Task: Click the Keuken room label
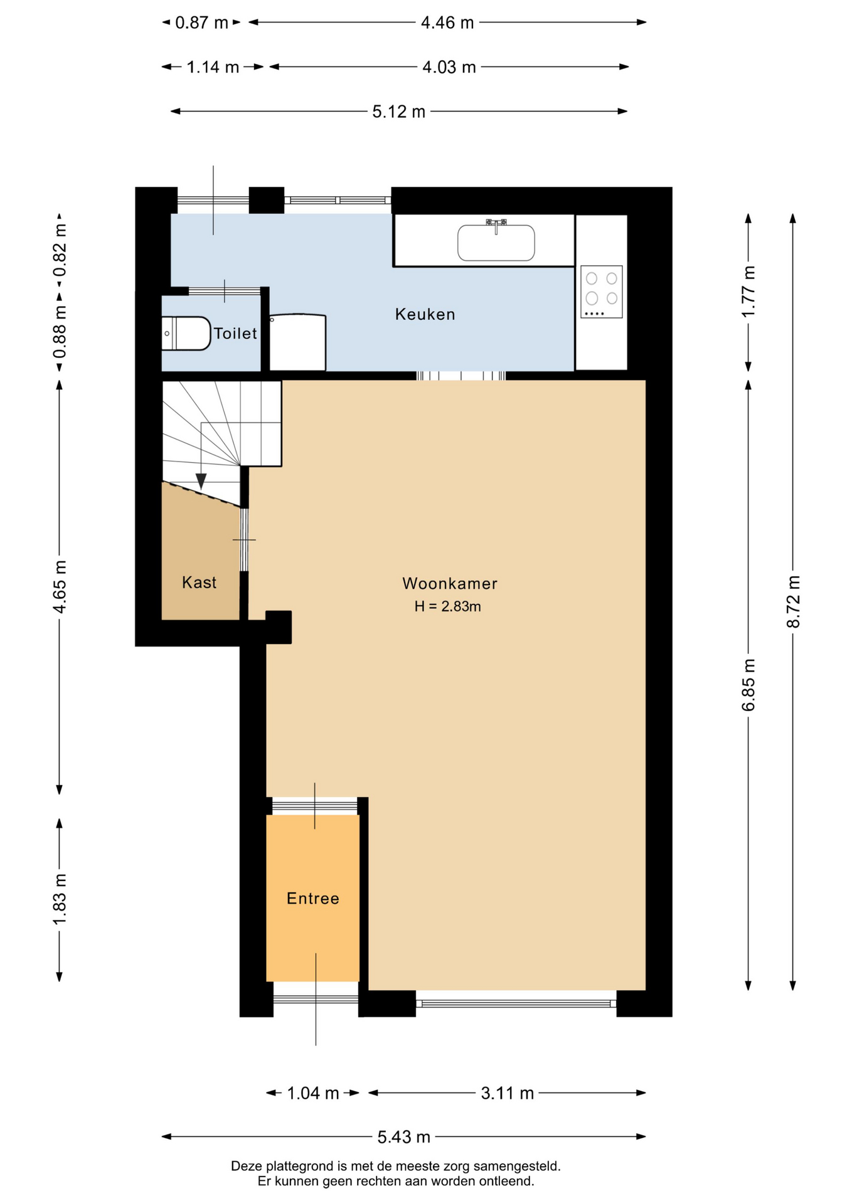pos(425,314)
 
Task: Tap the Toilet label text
pos(235,333)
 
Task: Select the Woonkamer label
pos(450,584)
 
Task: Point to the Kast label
pos(199,583)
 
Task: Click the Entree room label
pos(313,899)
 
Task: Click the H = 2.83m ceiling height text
pos(447,606)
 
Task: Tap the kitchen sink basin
pos(496,243)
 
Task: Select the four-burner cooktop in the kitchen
pos(601,292)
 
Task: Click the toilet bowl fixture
pos(186,334)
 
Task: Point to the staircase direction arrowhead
pos(201,481)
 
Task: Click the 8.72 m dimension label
pos(793,601)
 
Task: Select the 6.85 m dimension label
pos(748,685)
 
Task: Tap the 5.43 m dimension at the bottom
pos(404,1136)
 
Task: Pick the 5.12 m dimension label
pos(399,112)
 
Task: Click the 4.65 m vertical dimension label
pos(60,587)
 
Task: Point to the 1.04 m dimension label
pos(313,1093)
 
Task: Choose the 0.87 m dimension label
pos(201,23)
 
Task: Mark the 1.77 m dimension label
pos(748,292)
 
